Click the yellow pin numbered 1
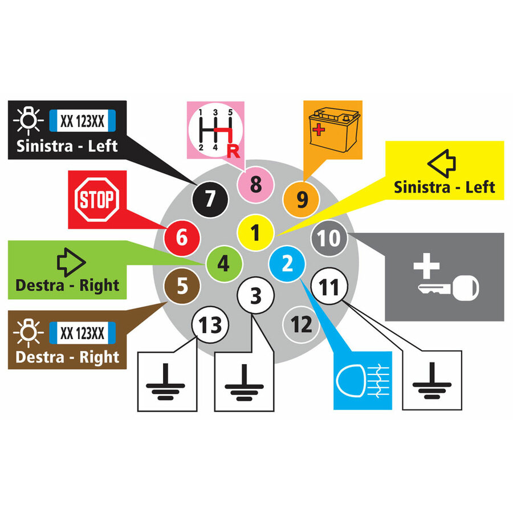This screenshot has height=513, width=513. [255, 233]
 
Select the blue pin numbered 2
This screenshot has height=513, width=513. [287, 264]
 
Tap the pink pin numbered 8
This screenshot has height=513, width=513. [255, 184]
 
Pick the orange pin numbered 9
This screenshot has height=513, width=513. [301, 199]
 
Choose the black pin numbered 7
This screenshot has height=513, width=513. [210, 199]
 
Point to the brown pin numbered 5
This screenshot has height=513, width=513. [182, 286]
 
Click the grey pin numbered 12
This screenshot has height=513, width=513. [301, 324]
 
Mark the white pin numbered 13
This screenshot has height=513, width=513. [210, 325]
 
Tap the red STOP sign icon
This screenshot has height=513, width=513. [97, 199]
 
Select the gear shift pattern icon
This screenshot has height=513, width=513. [215, 131]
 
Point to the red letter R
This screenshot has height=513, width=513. [233, 151]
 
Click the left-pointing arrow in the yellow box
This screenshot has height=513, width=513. [442, 163]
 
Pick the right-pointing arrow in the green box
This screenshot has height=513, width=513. [71, 262]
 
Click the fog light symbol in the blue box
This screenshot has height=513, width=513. [363, 381]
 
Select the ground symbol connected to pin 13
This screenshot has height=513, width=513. [165, 381]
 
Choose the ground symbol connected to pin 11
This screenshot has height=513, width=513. [432, 381]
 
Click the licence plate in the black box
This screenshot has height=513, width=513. [83, 121]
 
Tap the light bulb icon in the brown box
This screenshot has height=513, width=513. [28, 333]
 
